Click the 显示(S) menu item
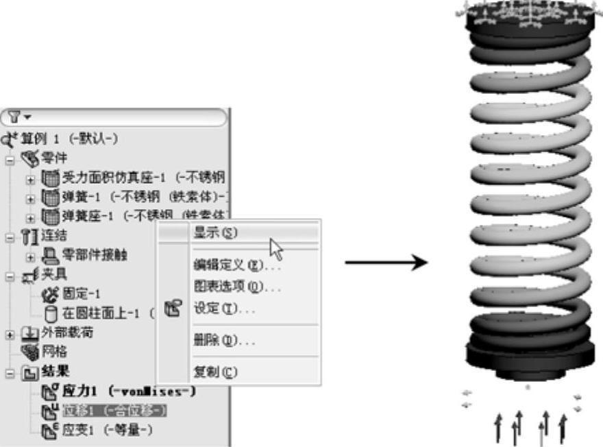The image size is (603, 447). [x=215, y=233]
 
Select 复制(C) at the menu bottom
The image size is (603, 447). [x=215, y=372]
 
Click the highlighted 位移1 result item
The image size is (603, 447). [x=114, y=411]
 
